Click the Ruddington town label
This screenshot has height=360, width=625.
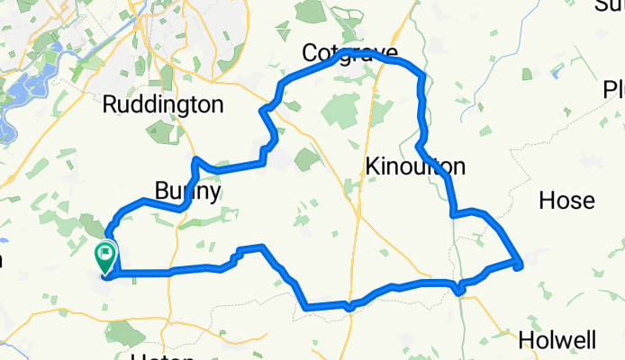click(x=163, y=104)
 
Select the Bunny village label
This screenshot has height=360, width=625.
click(x=188, y=191)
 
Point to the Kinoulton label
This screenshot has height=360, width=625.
click(x=416, y=166)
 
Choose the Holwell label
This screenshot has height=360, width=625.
click(x=558, y=341)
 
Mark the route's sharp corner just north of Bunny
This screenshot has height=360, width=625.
click(x=195, y=160)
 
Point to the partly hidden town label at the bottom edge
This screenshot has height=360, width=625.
click(x=162, y=356)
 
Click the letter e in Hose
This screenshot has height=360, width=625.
click(x=587, y=202)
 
